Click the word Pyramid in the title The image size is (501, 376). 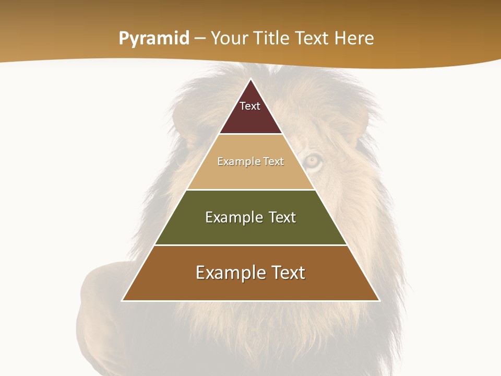[x=153, y=39]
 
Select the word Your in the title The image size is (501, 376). [x=228, y=39]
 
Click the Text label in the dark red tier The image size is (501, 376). [x=250, y=106]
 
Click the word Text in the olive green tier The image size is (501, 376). [x=282, y=217]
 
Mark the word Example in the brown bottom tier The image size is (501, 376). [x=226, y=273]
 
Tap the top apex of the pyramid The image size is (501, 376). [x=250, y=79]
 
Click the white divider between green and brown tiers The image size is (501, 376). [x=250, y=245]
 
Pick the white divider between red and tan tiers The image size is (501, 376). [x=250, y=134]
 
